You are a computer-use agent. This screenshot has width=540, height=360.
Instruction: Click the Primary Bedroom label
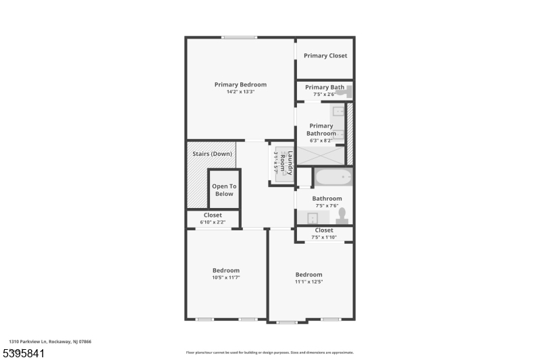coord(240,84)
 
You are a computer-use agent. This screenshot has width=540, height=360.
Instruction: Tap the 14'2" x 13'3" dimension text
coord(240,92)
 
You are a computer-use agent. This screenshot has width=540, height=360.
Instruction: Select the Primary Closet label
coord(325,55)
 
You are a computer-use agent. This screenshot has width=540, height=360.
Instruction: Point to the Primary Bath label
coord(325,87)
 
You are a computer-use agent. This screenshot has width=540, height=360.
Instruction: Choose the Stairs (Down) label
coord(212,153)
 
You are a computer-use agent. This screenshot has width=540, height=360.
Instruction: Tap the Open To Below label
coord(224,190)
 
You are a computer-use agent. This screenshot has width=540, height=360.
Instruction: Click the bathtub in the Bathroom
coord(333,178)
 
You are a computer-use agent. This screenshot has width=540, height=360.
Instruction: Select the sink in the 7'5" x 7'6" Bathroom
coord(312,217)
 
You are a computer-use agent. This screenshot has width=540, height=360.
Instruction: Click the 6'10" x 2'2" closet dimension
coord(213,222)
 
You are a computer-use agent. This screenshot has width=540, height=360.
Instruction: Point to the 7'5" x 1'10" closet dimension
coord(324,237)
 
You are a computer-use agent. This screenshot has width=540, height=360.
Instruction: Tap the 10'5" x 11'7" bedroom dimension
coord(226,277)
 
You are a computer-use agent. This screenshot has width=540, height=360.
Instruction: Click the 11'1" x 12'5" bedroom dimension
coord(308,282)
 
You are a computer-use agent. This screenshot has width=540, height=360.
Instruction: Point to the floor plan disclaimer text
coord(270,352)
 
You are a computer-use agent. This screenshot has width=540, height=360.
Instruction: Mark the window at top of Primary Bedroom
coord(239,37)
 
